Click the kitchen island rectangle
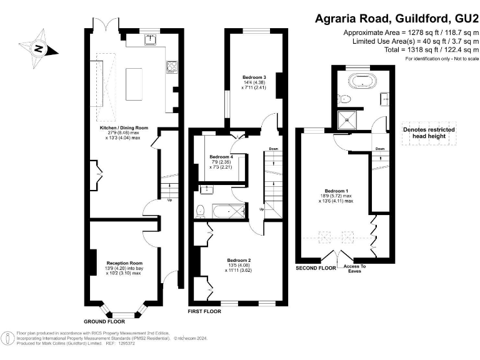click(135, 82)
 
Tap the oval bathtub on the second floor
click(363, 81)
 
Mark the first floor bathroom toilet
click(201, 210)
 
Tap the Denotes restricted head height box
click(428, 132)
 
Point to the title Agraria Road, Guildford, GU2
click(396, 19)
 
